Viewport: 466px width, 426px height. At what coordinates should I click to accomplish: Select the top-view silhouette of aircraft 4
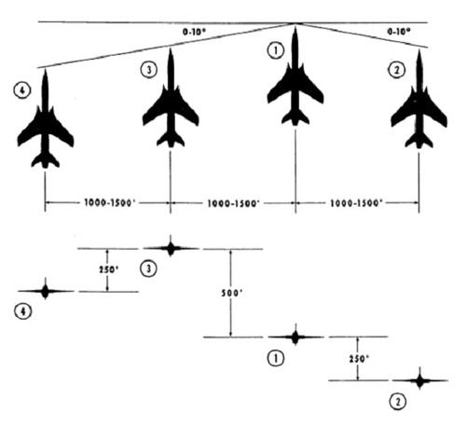46,124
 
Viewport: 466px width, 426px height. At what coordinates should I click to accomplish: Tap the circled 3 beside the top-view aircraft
149,70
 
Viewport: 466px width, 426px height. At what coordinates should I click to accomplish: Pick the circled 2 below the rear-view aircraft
398,402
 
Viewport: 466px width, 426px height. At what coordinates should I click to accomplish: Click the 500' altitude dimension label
231,293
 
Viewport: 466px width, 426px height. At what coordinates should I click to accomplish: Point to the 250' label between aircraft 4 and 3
109,269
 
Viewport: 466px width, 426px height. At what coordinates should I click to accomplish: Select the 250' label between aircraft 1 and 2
359,359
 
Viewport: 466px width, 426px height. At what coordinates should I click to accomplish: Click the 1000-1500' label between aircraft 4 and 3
110,203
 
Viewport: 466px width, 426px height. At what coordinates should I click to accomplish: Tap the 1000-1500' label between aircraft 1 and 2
356,203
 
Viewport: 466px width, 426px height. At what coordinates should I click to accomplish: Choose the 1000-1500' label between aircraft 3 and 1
233,203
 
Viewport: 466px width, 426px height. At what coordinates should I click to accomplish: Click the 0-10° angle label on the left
194,32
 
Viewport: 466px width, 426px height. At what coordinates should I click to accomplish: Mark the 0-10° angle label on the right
399,32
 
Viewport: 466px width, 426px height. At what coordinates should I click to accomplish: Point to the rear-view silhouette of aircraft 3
171,248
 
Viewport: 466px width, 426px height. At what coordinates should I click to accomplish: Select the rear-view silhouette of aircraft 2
420,380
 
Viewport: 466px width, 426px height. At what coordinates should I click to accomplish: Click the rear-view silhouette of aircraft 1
295,337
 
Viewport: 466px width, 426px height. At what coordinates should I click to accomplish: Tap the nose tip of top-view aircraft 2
419,50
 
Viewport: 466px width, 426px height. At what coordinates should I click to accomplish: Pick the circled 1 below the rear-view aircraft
276,358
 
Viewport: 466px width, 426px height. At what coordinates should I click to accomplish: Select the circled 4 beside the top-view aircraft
22,90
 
